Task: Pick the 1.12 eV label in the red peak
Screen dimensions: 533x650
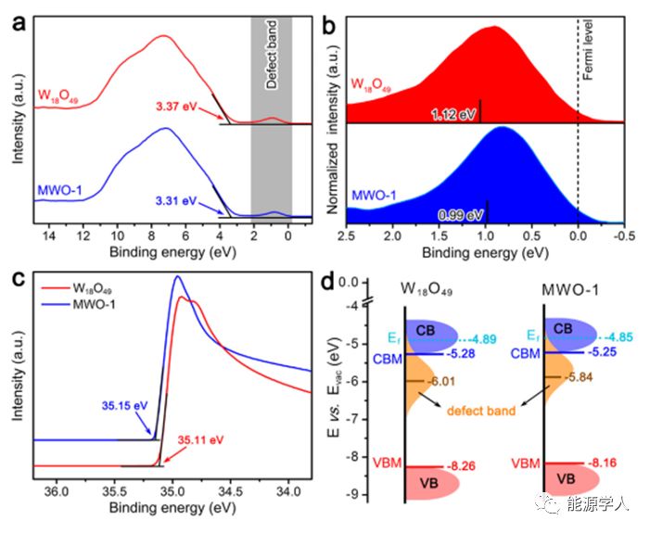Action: [x=453, y=115]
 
